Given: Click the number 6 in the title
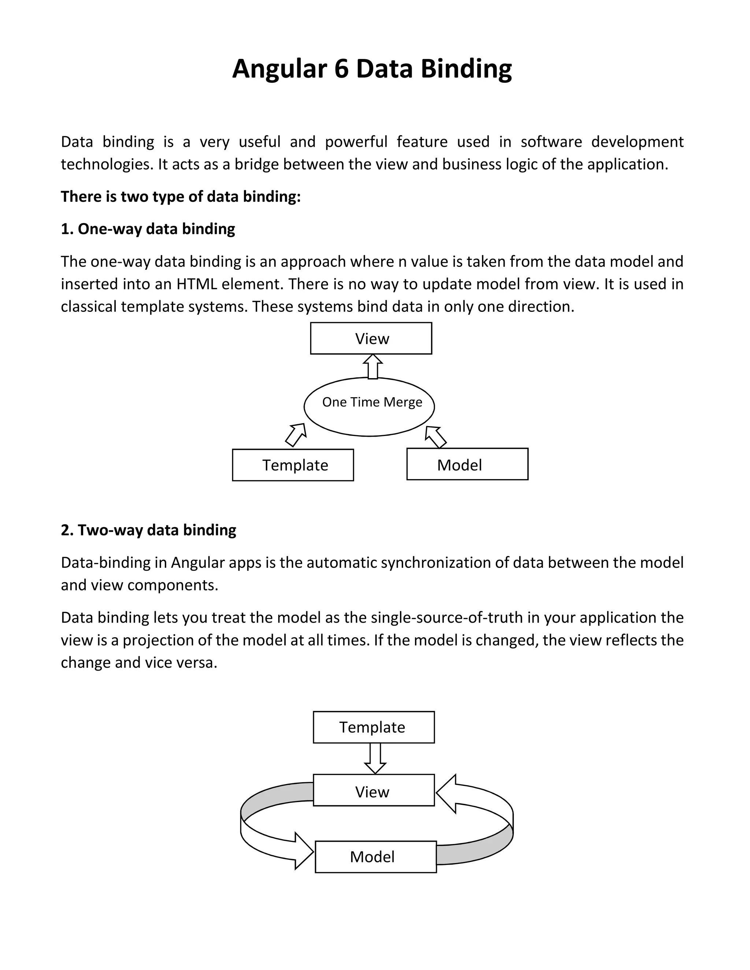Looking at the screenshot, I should (341, 69).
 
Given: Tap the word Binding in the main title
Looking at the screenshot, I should (466, 69).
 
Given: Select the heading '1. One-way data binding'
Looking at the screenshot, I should (148, 229).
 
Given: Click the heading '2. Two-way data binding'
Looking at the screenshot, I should (148, 530).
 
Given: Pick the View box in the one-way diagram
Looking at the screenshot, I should (371, 339).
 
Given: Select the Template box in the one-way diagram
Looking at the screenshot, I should (293, 465).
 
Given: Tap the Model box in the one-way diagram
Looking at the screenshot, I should (467, 464).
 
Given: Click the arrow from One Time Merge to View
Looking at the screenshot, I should (373, 366).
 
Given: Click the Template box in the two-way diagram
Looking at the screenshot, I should (374, 727).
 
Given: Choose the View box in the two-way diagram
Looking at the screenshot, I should (374, 791).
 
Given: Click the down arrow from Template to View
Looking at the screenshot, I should (375, 758).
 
